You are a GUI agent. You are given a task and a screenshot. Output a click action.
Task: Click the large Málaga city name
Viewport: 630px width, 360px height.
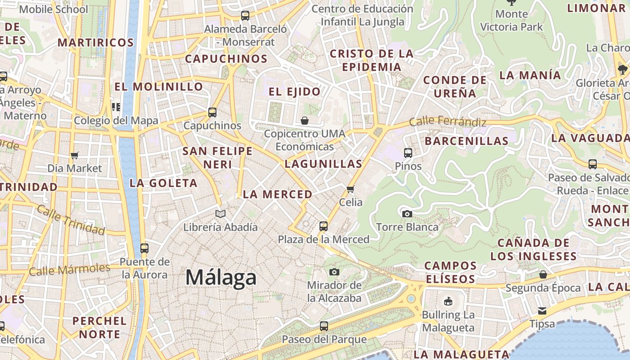pyautogui.click(x=221, y=277)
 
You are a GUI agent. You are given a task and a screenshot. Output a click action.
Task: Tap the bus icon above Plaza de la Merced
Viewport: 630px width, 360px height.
pyautogui.click(x=324, y=226)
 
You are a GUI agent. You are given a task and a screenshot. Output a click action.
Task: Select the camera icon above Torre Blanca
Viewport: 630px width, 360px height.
pyautogui.click(x=407, y=214)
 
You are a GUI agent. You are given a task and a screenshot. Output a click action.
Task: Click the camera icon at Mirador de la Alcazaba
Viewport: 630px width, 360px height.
pyautogui.click(x=334, y=272)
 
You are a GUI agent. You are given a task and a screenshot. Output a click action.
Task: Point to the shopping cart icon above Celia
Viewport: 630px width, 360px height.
pyautogui.click(x=351, y=189)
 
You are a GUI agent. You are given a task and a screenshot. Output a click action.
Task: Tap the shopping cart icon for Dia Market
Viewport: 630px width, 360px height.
pyautogui.click(x=75, y=155)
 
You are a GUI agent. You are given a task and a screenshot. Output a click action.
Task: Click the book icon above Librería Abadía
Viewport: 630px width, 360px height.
pyautogui.click(x=220, y=214)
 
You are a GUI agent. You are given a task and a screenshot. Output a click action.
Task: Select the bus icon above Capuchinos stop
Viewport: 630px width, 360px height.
pyautogui.click(x=212, y=112)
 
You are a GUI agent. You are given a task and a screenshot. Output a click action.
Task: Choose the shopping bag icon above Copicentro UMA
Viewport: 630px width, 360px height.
pyautogui.click(x=305, y=121)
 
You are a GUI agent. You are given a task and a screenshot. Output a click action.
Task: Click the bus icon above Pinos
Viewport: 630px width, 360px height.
pyautogui.click(x=408, y=153)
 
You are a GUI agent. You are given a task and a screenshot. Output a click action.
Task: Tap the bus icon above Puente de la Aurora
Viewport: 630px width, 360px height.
pyautogui.click(x=144, y=248)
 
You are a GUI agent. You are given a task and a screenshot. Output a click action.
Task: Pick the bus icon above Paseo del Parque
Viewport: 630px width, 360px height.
pyautogui.click(x=324, y=326)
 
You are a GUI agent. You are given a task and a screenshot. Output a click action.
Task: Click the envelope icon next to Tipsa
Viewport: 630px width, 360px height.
pyautogui.click(x=542, y=311)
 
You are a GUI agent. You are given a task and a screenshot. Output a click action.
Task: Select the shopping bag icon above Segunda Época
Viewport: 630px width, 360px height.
pyautogui.click(x=543, y=274)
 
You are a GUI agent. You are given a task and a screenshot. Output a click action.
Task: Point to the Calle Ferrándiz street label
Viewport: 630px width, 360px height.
pyautogui.click(x=447, y=121)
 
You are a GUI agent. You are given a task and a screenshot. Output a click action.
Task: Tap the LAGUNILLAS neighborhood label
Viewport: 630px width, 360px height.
pyautogui.click(x=324, y=164)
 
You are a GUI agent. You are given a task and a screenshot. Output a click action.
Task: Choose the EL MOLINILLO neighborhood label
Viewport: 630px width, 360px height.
pyautogui.click(x=158, y=86)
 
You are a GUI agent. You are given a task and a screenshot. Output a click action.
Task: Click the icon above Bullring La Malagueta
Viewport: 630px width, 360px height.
pyautogui.click(x=448, y=301)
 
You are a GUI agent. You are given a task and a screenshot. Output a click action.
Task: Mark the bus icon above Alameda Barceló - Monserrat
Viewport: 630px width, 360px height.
pyautogui.click(x=245, y=16)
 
